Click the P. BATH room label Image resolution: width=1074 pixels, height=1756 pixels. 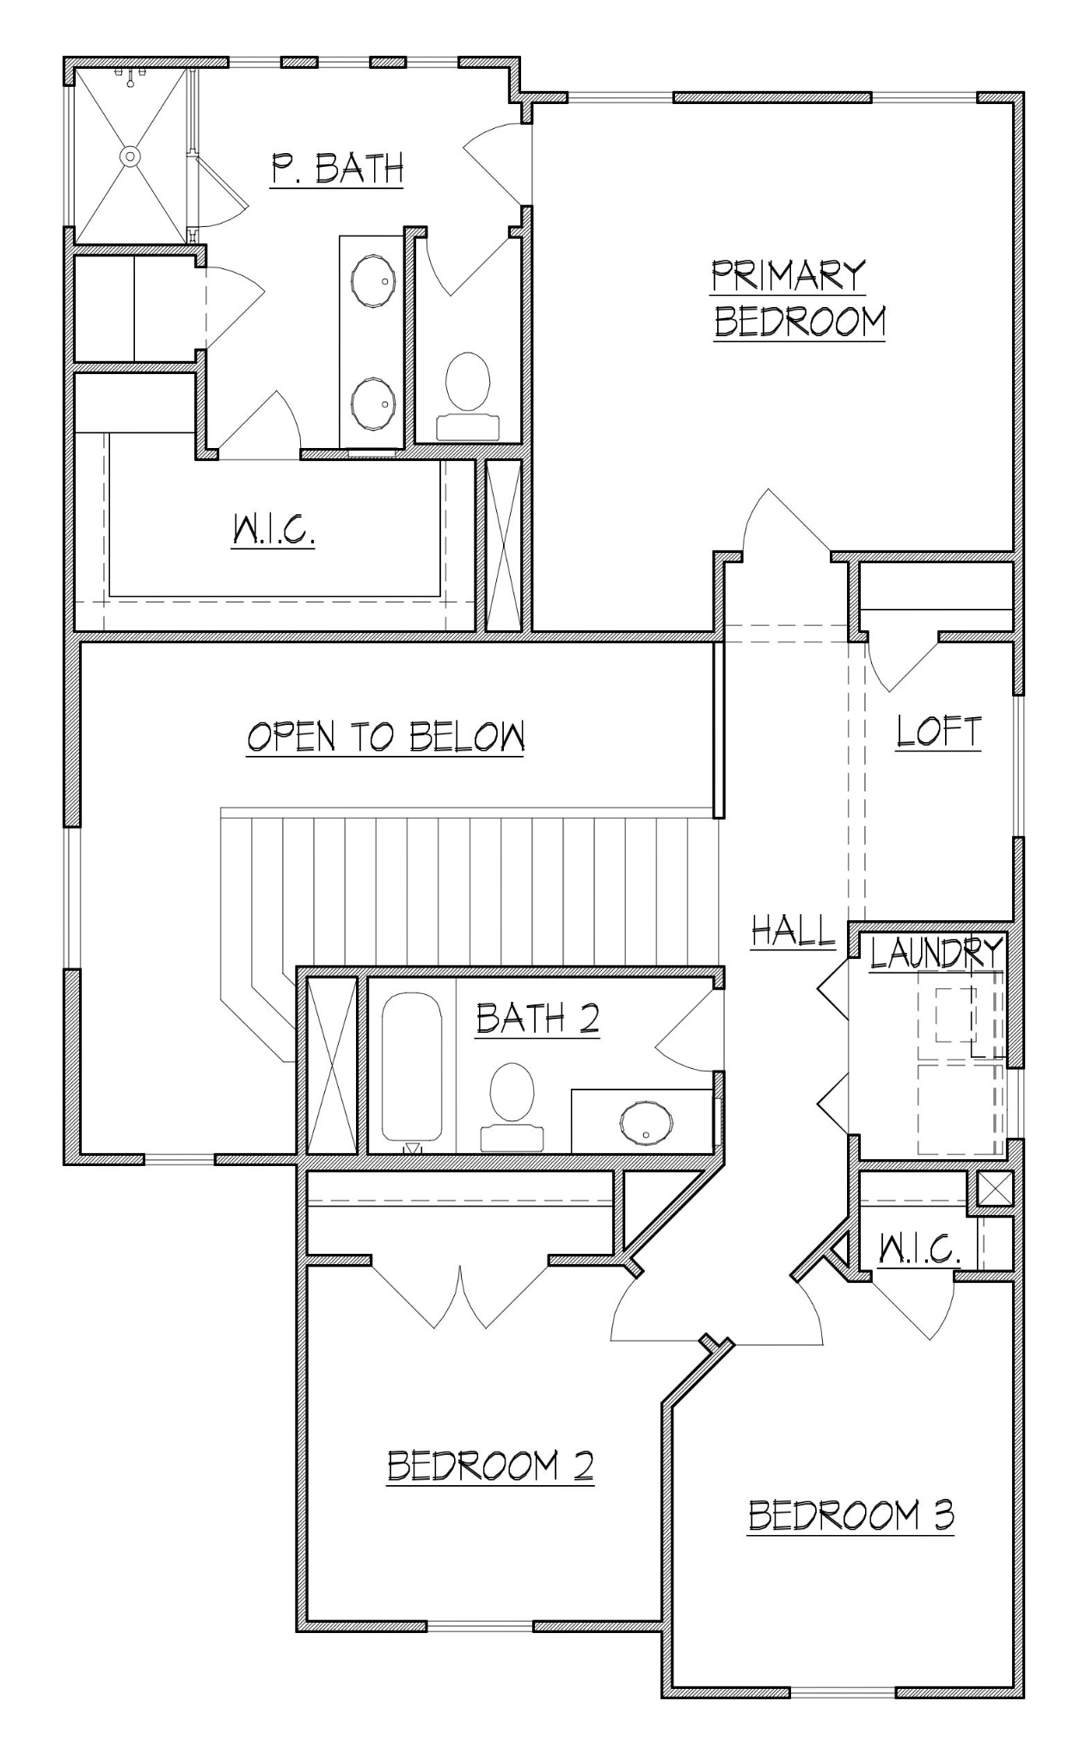337,168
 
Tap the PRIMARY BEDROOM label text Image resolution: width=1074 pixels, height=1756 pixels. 799,298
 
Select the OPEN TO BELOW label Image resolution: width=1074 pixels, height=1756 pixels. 385,737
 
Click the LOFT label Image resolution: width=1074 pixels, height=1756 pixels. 937,731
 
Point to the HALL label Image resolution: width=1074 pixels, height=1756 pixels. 793,930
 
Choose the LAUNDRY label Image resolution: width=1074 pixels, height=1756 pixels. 936,953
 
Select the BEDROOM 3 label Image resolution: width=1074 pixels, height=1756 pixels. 850,1515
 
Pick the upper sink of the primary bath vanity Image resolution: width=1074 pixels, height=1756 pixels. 373,279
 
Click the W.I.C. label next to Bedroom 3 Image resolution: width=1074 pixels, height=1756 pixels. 918,1248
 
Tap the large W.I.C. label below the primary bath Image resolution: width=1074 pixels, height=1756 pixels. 273,531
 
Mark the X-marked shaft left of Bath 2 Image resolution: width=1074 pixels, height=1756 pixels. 332,1065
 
